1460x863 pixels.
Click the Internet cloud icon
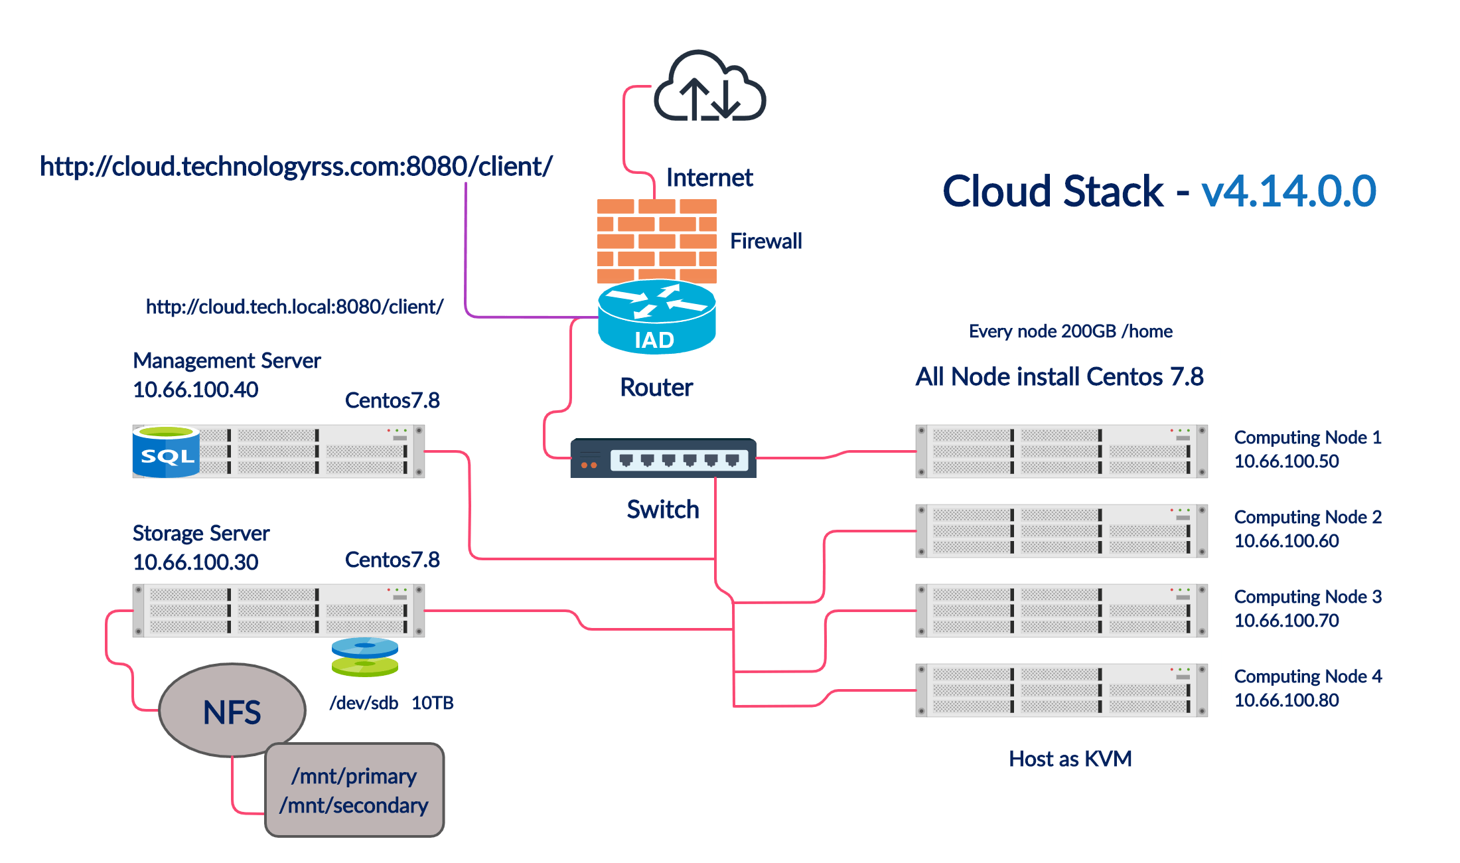709,86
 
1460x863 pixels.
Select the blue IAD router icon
656,317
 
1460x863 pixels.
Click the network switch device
663,458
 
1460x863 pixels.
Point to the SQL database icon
166,451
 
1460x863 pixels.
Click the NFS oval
232,711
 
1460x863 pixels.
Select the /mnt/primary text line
354,776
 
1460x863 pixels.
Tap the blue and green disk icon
364,657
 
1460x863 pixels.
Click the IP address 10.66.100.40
196,390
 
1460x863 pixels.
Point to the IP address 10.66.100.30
196,562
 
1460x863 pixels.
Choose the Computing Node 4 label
1307,676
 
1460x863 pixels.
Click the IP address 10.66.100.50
1286,461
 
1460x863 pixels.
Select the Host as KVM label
1070,758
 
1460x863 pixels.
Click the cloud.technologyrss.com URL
296,166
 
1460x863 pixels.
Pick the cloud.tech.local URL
295,307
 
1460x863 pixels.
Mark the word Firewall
767,241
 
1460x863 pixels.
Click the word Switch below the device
662,509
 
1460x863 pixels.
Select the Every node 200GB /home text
1070,331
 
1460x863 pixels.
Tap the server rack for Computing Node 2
1061,531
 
